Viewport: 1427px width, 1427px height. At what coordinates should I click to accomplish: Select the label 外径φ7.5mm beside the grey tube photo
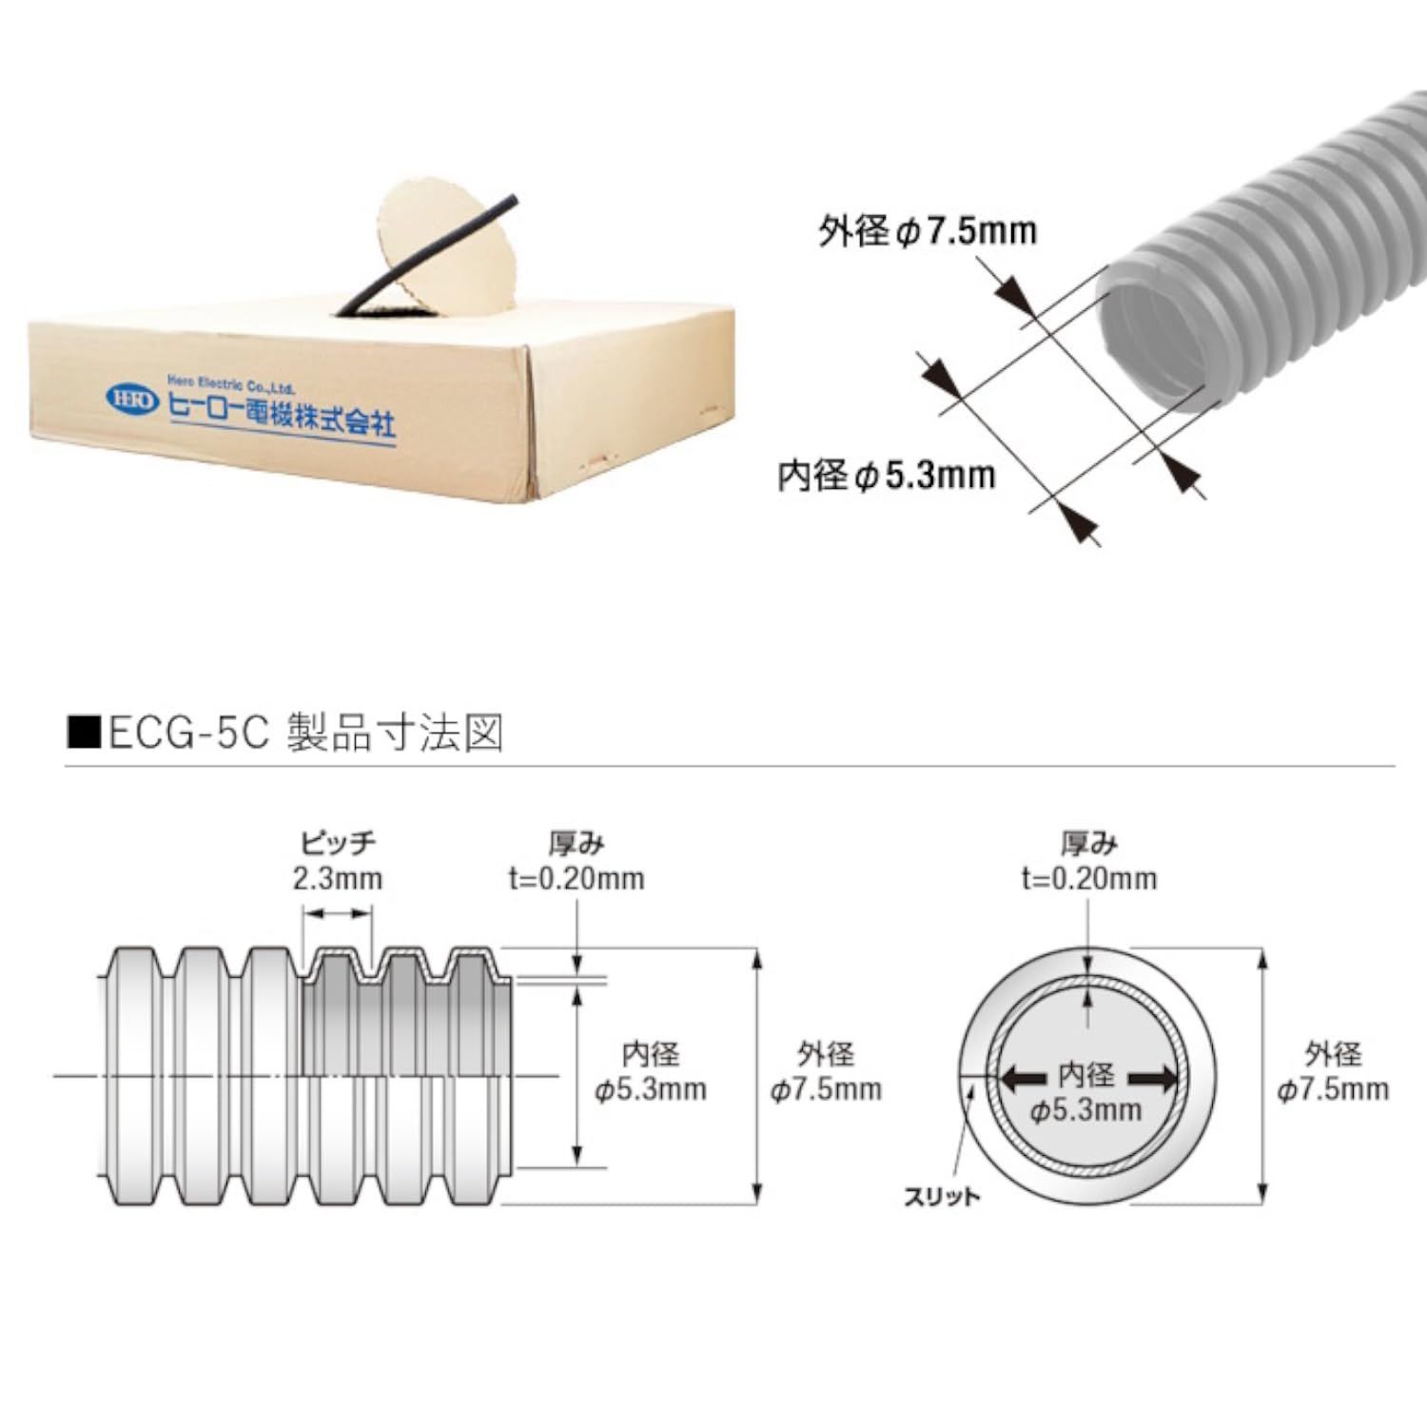(x=928, y=231)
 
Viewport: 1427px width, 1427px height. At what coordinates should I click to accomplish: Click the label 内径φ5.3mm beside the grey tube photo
(x=887, y=474)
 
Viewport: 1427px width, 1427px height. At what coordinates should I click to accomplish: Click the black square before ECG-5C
(x=85, y=734)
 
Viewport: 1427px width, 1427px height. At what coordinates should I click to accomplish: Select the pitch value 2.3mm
(x=338, y=878)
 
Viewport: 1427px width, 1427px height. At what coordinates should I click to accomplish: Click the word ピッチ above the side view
(x=339, y=843)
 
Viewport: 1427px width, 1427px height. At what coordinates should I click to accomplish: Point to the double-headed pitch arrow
(x=338, y=913)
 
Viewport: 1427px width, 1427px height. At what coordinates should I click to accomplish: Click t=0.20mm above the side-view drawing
(x=577, y=878)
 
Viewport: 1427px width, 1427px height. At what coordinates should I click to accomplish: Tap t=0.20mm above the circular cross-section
(x=1089, y=878)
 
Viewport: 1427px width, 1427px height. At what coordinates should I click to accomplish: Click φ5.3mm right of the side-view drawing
(x=651, y=1089)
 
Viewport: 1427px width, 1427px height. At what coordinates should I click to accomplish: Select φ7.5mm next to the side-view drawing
(x=826, y=1089)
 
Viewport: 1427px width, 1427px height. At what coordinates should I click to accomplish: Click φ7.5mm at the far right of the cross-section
(x=1333, y=1089)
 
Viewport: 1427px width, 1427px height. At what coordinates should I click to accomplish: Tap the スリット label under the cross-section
(x=942, y=1197)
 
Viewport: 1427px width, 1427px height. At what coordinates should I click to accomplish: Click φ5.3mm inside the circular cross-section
(x=1085, y=1110)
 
